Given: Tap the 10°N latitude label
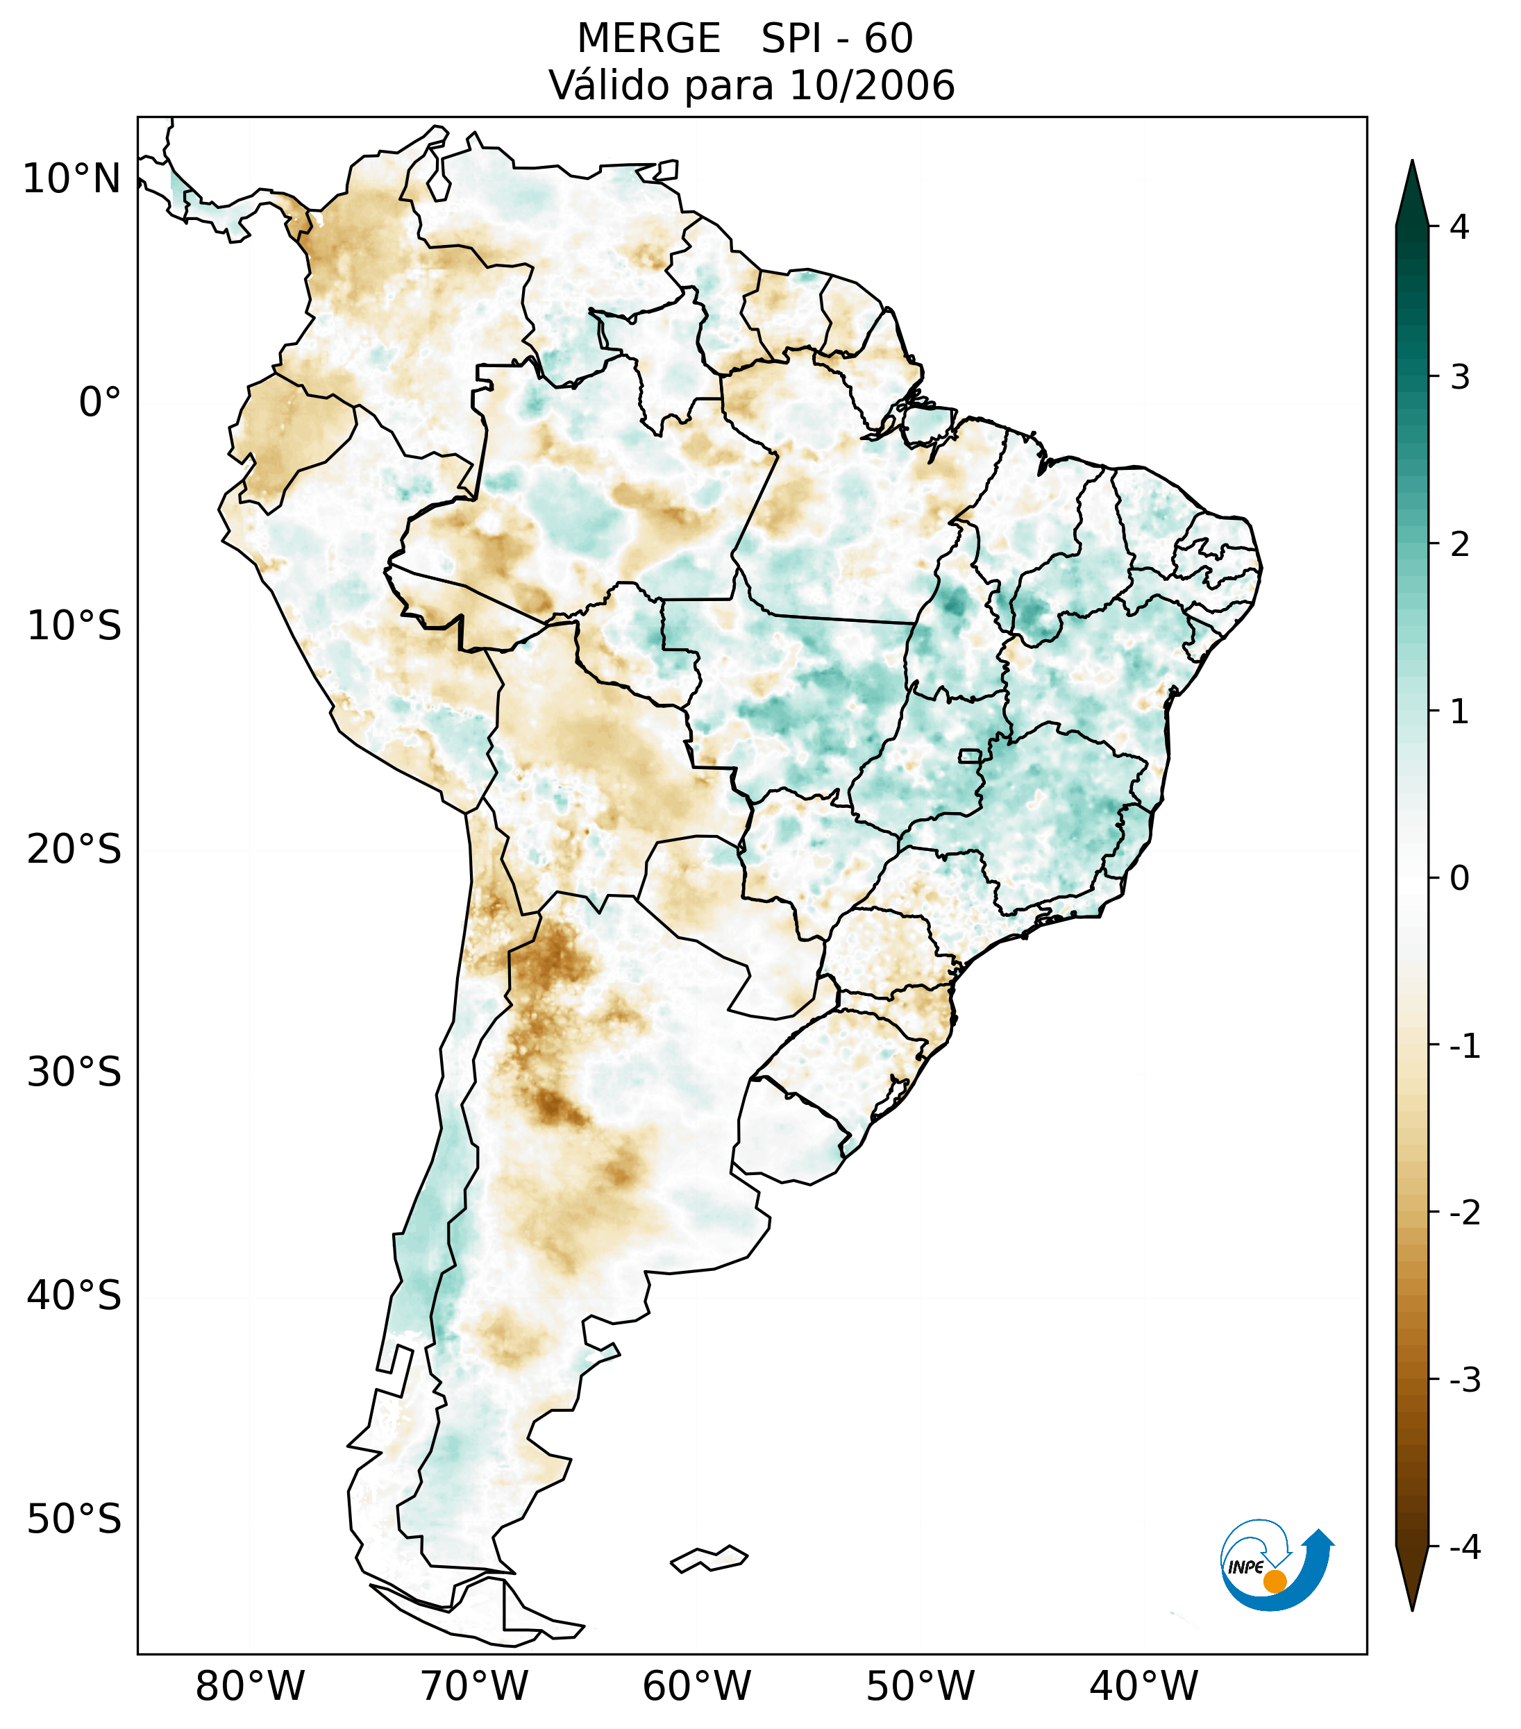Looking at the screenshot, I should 72,179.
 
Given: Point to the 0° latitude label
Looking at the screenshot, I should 100,403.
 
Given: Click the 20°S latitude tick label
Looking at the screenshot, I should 74,850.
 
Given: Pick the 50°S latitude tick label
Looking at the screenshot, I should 74,1520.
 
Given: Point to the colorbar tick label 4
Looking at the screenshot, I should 1459,227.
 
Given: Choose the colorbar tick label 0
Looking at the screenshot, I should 1459,879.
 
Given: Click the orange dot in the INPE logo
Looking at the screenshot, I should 1275,1581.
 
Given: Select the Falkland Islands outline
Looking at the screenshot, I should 709,1558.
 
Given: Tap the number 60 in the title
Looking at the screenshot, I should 889,39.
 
